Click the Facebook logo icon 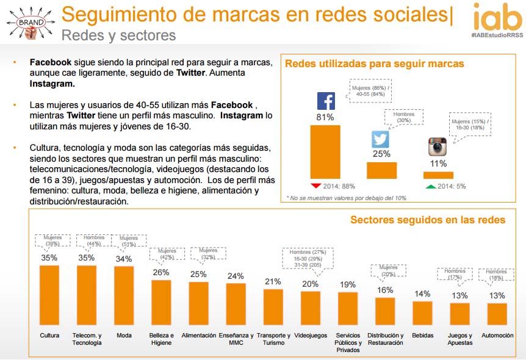(326, 101)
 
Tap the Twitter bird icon (381, 139)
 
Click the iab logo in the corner (497, 18)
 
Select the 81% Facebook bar (325, 152)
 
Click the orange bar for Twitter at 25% (381, 170)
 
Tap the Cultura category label (49, 336)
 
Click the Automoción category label (497, 336)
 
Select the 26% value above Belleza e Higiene (161, 273)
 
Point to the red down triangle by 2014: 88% (315, 185)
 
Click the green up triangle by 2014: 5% (430, 185)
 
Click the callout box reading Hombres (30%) (404, 118)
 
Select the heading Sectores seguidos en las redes (427, 220)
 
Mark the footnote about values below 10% (346, 198)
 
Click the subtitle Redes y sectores (118, 35)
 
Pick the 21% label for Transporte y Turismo (273, 281)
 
